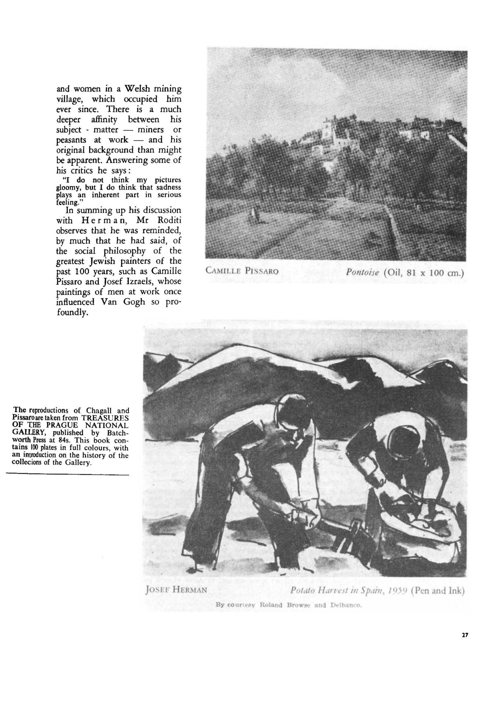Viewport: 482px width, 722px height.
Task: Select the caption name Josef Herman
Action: click(x=175, y=590)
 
